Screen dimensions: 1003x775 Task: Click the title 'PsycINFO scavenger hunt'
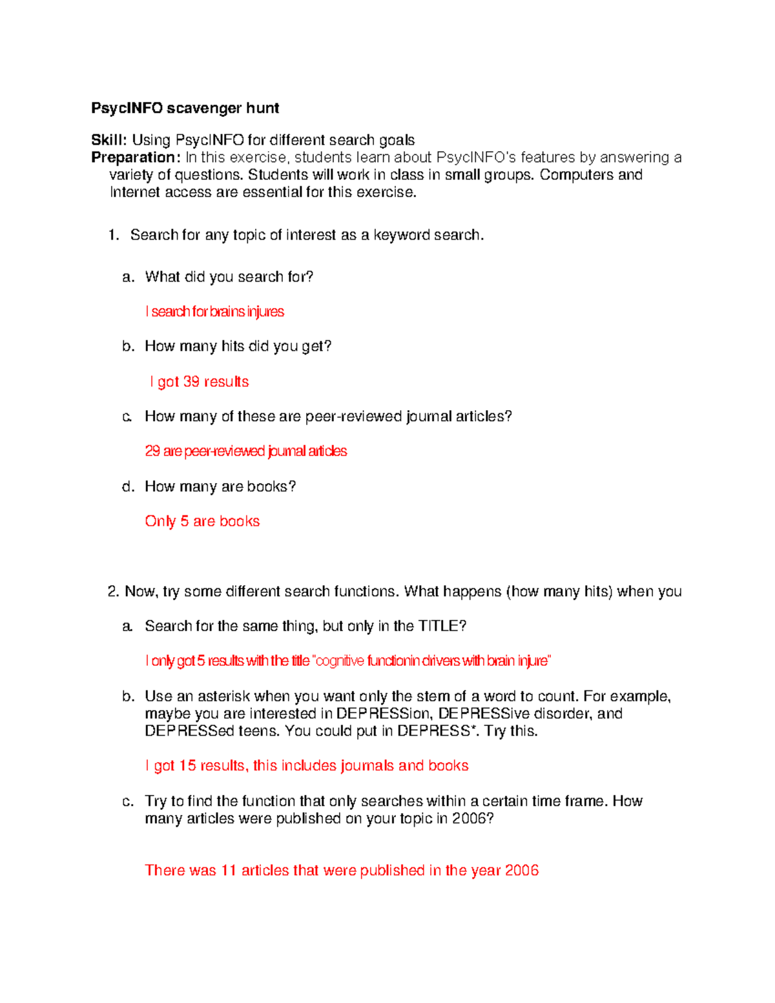pyautogui.click(x=185, y=108)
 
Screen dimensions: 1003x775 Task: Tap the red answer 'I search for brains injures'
pyautogui.click(x=214, y=311)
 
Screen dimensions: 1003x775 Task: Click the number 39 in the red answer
pyautogui.click(x=191, y=382)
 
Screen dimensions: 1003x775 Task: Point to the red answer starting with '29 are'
pyautogui.click(x=245, y=451)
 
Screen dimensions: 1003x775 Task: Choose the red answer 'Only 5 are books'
pyautogui.click(x=202, y=521)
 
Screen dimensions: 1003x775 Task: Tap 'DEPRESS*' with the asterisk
pyautogui.click(x=434, y=731)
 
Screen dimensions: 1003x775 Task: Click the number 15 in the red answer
pyautogui.click(x=187, y=765)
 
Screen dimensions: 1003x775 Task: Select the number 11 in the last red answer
pyautogui.click(x=229, y=870)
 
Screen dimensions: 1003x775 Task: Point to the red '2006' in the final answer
pyautogui.click(x=522, y=870)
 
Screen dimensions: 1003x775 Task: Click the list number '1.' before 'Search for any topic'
pyautogui.click(x=114, y=235)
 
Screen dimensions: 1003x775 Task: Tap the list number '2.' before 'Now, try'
pyautogui.click(x=113, y=592)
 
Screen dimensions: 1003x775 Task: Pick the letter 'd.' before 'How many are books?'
pyautogui.click(x=128, y=486)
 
